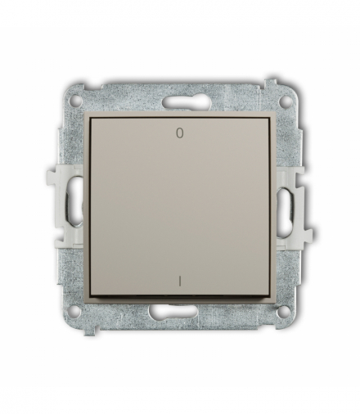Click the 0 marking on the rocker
click(179, 130)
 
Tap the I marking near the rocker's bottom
click(179, 284)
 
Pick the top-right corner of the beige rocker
click(246, 116)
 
